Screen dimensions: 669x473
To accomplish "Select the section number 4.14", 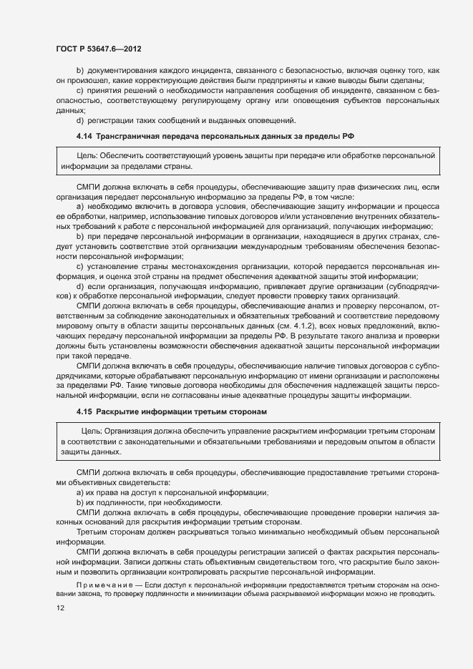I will (84, 135).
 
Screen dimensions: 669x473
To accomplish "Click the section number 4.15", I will (84, 412).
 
